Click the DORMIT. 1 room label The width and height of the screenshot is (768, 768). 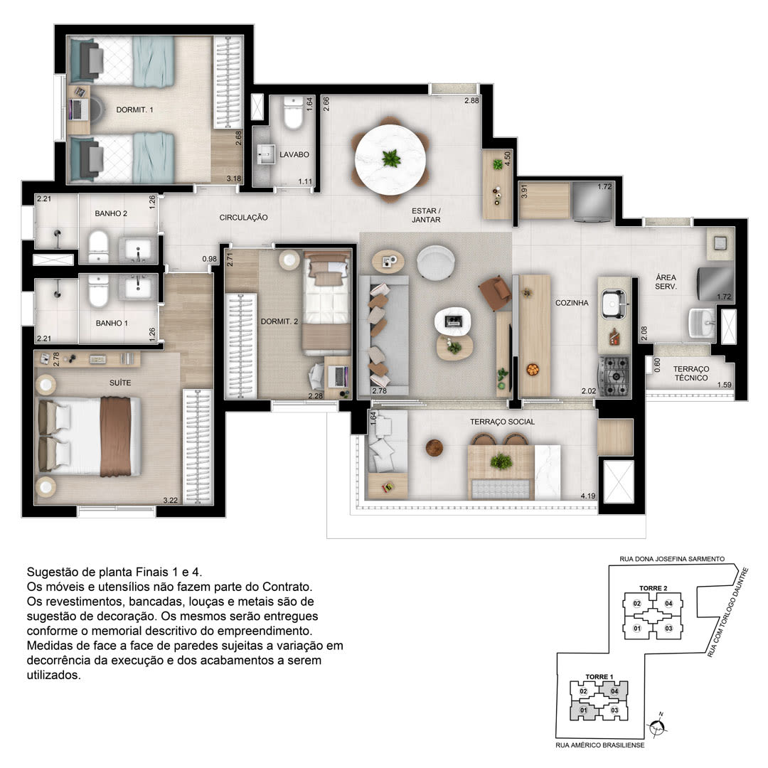(x=134, y=110)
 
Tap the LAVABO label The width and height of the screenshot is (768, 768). (x=294, y=154)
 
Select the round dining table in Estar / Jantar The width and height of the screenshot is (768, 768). (x=390, y=159)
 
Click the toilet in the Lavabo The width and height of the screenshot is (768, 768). (x=294, y=113)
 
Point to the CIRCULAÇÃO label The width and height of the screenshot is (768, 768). (x=243, y=218)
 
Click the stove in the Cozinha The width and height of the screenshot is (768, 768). (x=614, y=375)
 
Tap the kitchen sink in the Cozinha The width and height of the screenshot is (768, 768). (x=613, y=304)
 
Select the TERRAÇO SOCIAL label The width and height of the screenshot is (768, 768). (x=502, y=422)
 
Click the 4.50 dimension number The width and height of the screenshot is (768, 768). (x=508, y=159)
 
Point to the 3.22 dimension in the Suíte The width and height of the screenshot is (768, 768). (x=171, y=500)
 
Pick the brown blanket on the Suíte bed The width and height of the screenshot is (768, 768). (x=116, y=437)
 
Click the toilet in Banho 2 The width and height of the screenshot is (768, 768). (x=98, y=246)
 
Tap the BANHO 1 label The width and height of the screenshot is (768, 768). (x=112, y=324)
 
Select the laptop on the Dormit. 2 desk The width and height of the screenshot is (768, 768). (x=338, y=375)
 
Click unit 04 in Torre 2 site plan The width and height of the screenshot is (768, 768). (x=668, y=604)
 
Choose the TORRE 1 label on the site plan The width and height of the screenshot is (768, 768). (x=599, y=676)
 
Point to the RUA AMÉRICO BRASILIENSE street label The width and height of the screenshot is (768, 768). (x=600, y=745)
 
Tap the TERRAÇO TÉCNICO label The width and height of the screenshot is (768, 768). (x=690, y=373)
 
